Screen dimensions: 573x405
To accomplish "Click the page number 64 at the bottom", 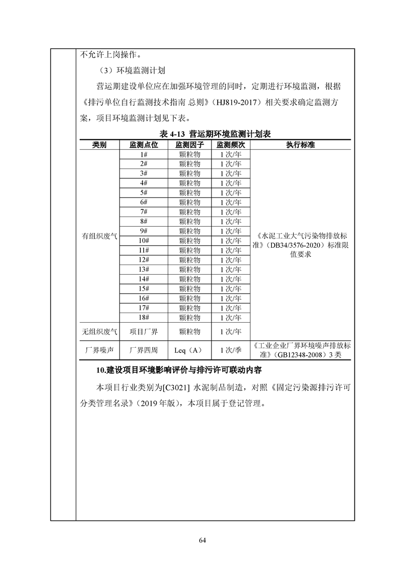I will (x=202, y=540).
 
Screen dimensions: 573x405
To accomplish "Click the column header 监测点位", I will (x=144, y=145).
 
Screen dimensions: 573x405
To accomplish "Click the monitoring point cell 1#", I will (x=144, y=154).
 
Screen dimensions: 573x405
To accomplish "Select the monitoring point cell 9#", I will (x=144, y=231).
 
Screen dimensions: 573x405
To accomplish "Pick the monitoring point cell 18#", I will (x=144, y=317).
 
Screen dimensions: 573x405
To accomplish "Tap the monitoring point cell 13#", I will (x=144, y=269).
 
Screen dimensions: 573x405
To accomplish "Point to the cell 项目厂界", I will (x=144, y=331).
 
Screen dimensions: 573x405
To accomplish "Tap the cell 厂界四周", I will (x=144, y=350).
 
